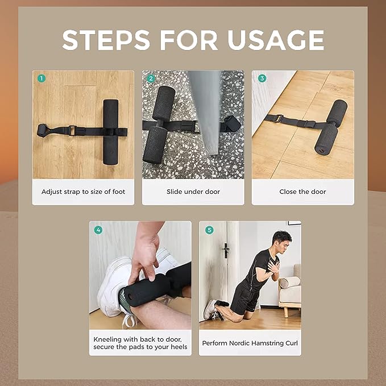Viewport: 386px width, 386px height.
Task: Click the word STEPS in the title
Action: tap(106, 40)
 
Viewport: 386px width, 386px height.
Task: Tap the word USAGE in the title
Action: tap(276, 40)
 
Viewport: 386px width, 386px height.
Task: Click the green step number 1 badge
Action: tap(41, 78)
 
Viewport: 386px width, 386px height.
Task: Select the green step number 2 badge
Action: tap(151, 78)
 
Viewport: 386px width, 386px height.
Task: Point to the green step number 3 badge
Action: tap(262, 78)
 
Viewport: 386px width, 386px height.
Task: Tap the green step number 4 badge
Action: tap(98, 230)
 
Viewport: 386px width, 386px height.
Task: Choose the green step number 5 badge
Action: tap(209, 230)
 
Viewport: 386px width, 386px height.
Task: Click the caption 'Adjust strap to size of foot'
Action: tap(83, 192)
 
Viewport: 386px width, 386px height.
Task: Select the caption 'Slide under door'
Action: tap(193, 192)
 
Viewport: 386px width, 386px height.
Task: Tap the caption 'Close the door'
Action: tap(302, 192)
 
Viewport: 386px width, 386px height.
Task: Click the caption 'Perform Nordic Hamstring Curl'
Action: tap(250, 343)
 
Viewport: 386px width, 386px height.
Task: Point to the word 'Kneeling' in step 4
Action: tap(107, 339)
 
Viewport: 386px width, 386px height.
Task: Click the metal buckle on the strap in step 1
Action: tap(72, 131)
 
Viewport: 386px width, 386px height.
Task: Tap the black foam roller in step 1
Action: tap(110, 132)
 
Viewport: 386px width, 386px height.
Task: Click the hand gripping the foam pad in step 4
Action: tap(144, 256)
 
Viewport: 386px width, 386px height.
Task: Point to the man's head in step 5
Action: tap(282, 240)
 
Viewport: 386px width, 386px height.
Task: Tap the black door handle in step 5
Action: tap(226, 250)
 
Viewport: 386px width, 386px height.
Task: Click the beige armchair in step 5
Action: tap(290, 288)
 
